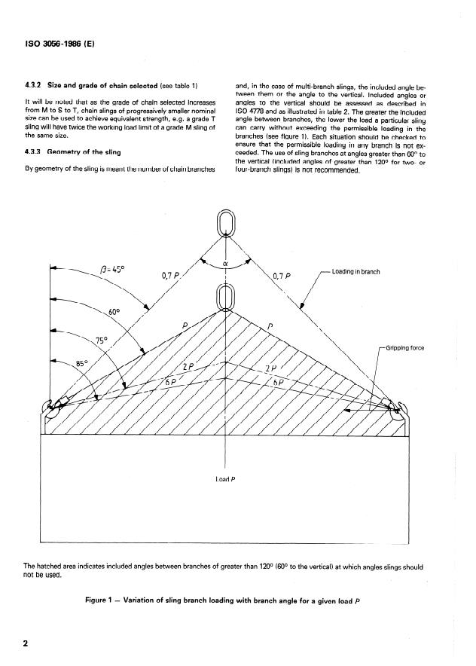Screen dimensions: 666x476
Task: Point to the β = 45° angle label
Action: coord(115,269)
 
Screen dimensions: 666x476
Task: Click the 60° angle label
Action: coord(114,310)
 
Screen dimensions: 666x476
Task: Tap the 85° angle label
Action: coord(83,364)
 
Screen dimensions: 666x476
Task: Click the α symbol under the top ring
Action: coord(227,264)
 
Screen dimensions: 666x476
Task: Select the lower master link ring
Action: coord(226,298)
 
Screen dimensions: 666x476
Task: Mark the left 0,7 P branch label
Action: coord(172,275)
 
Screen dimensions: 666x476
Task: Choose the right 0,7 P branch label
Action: coord(282,275)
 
